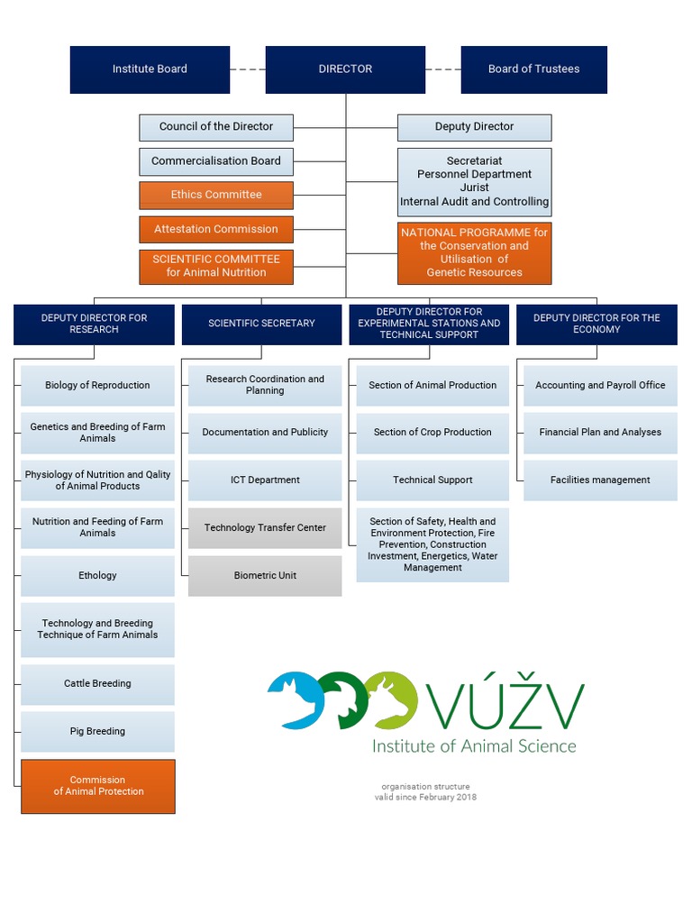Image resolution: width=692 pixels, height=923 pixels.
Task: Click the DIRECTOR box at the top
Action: coord(345,69)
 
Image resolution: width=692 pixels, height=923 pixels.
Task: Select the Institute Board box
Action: coord(150,69)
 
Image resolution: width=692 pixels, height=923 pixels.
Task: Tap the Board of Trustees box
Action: coord(533,69)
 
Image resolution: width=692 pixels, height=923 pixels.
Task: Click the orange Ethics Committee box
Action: coord(216,195)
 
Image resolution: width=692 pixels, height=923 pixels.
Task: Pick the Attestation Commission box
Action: coord(216,229)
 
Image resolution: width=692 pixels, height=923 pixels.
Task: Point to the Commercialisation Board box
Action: coord(216,161)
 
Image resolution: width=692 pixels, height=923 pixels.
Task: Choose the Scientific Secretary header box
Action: coord(261,324)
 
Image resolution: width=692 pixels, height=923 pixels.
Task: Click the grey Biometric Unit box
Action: coord(265,576)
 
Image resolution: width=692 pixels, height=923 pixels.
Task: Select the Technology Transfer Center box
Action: coord(265,528)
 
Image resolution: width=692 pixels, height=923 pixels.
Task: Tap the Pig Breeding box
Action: coord(97,732)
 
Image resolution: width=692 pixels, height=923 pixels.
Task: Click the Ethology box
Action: coord(97,576)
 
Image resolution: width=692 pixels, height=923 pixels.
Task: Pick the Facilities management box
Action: coord(600,480)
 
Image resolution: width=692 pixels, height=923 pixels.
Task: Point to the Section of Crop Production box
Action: coord(432,433)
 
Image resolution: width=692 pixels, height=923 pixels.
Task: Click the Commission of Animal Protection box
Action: coord(97,786)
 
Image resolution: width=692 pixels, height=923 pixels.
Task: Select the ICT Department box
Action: coord(265,480)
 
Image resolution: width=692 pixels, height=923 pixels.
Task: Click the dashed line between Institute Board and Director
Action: coord(248,69)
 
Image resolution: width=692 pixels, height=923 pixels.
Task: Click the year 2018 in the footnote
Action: coord(466,797)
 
